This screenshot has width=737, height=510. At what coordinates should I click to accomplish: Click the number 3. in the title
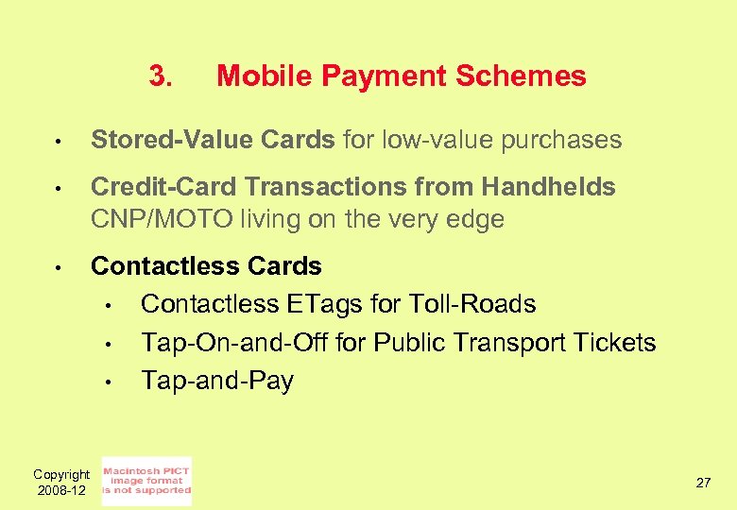161,76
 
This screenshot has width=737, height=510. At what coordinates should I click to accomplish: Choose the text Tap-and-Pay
217,382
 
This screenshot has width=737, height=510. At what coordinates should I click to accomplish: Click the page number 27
703,483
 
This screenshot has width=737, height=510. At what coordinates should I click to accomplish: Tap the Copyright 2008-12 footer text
60,483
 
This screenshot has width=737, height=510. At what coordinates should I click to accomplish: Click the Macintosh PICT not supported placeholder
146,482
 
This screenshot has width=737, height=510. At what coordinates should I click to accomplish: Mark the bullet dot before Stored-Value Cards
58,143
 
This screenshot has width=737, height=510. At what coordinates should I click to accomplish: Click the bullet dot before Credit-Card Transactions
58,189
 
